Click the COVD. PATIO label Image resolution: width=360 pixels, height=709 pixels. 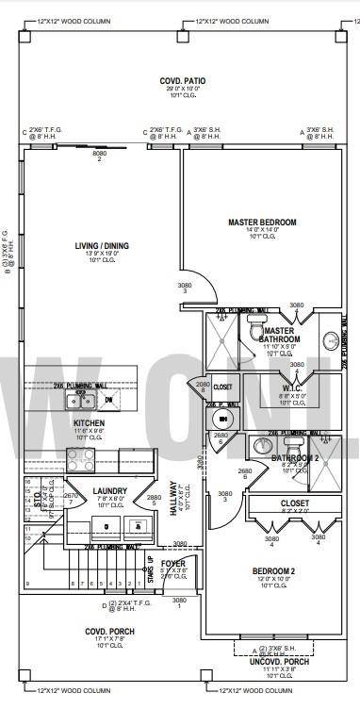[x=177, y=82]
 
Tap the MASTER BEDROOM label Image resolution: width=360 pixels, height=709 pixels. [x=261, y=223]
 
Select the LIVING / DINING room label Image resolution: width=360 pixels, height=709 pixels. [x=102, y=246]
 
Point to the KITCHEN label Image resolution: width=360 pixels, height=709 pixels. [x=89, y=423]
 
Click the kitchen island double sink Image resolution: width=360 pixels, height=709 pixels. [x=76, y=400]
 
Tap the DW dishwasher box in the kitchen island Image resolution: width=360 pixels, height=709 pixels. [x=108, y=400]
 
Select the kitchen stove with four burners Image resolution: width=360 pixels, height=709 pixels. [x=79, y=459]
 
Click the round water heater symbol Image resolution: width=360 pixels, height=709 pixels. [x=223, y=419]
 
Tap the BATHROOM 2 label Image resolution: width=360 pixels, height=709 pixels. [x=295, y=457]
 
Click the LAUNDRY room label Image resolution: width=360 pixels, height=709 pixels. [x=109, y=490]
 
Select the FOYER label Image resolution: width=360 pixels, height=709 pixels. [x=173, y=563]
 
